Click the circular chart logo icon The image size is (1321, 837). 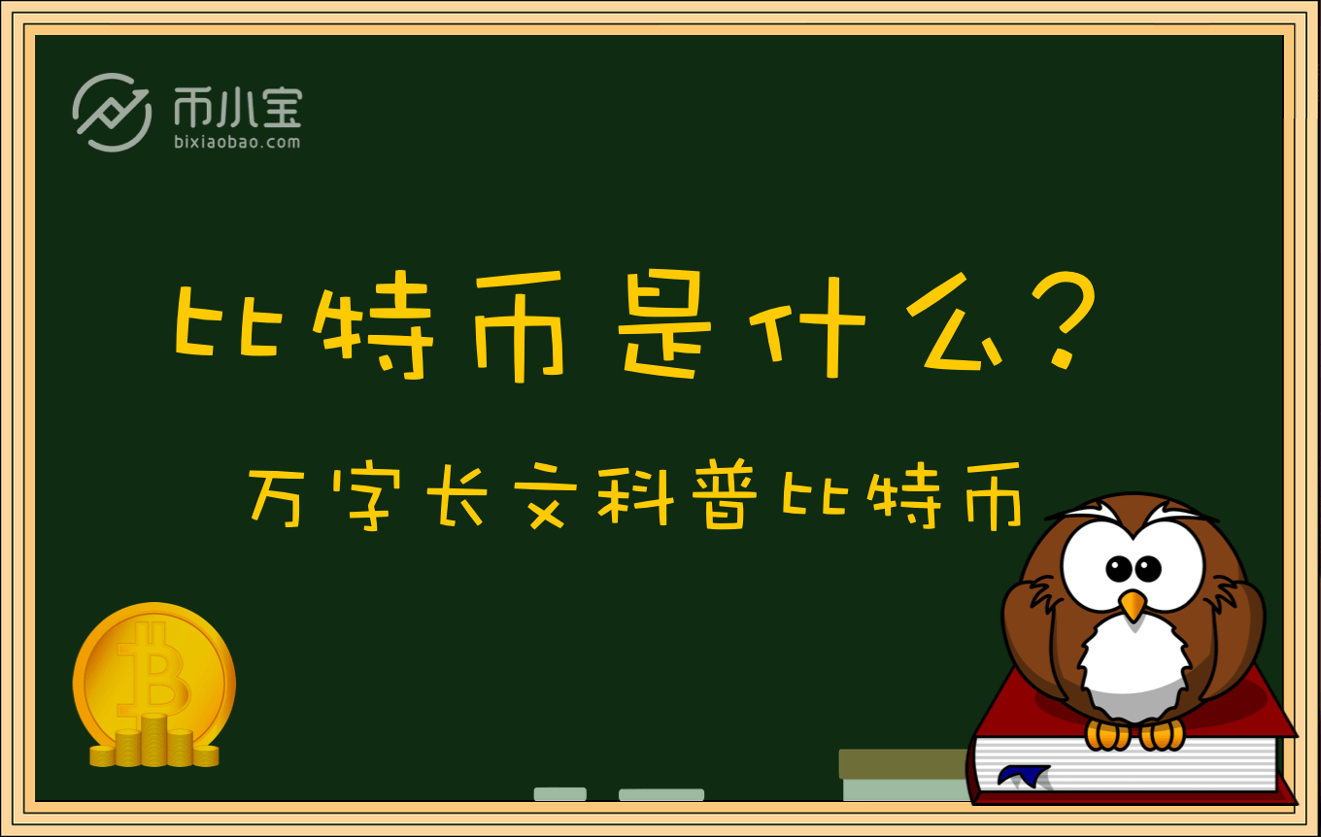point(112,112)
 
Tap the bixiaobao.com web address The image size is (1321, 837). point(237,142)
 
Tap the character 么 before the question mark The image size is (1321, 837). point(954,321)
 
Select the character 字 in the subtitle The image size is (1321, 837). point(365,499)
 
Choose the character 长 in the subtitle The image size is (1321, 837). point(457,496)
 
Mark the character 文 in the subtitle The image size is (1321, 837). point(546,496)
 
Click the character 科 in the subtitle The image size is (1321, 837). point(635,496)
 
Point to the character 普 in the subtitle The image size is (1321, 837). point(725,494)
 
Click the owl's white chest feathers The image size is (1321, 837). point(1133,666)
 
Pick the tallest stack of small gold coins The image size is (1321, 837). point(153,739)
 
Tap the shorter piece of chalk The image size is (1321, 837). point(559,794)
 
